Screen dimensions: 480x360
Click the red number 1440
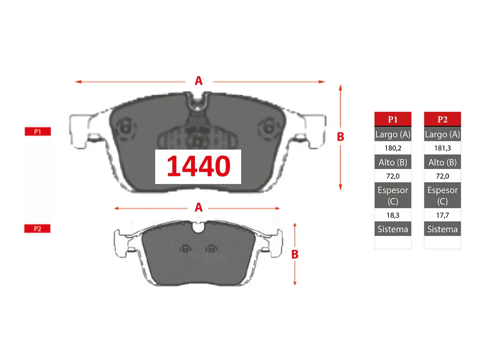198,166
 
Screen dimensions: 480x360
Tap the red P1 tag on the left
38,132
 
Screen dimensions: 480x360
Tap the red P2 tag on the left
37,229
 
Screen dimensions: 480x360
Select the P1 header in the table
393,119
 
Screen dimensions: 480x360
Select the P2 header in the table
442,119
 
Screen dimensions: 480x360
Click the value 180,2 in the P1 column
393,148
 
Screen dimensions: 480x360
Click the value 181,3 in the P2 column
442,148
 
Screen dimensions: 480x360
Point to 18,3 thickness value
393,215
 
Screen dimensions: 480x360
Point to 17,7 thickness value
442,215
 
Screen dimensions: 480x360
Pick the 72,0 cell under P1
393,176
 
